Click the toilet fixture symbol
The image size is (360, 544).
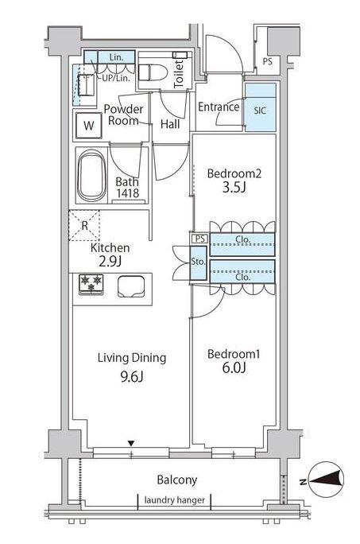click(x=153, y=73)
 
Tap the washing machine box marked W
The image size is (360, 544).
click(x=89, y=125)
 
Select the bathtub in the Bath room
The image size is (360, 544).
click(x=91, y=176)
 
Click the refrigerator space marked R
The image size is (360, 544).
click(x=84, y=226)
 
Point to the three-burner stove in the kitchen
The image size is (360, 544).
click(x=91, y=285)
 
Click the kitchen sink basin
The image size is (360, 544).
click(x=131, y=286)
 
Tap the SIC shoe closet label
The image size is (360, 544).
click(x=260, y=111)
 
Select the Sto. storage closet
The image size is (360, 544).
click(x=199, y=263)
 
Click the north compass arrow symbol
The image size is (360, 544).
click(x=325, y=479)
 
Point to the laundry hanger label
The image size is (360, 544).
click(x=175, y=500)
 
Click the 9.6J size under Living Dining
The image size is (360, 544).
click(x=132, y=376)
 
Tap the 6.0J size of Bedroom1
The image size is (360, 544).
click(x=234, y=367)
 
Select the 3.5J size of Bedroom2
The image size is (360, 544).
click(x=234, y=188)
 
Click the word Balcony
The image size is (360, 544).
click(x=177, y=480)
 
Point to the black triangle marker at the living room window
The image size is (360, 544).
click(x=131, y=443)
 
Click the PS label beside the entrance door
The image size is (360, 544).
click(x=267, y=62)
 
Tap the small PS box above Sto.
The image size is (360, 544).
click(x=199, y=239)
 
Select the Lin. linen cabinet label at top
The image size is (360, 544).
click(x=116, y=57)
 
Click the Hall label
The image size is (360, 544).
click(x=170, y=124)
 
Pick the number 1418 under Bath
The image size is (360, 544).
click(x=128, y=193)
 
